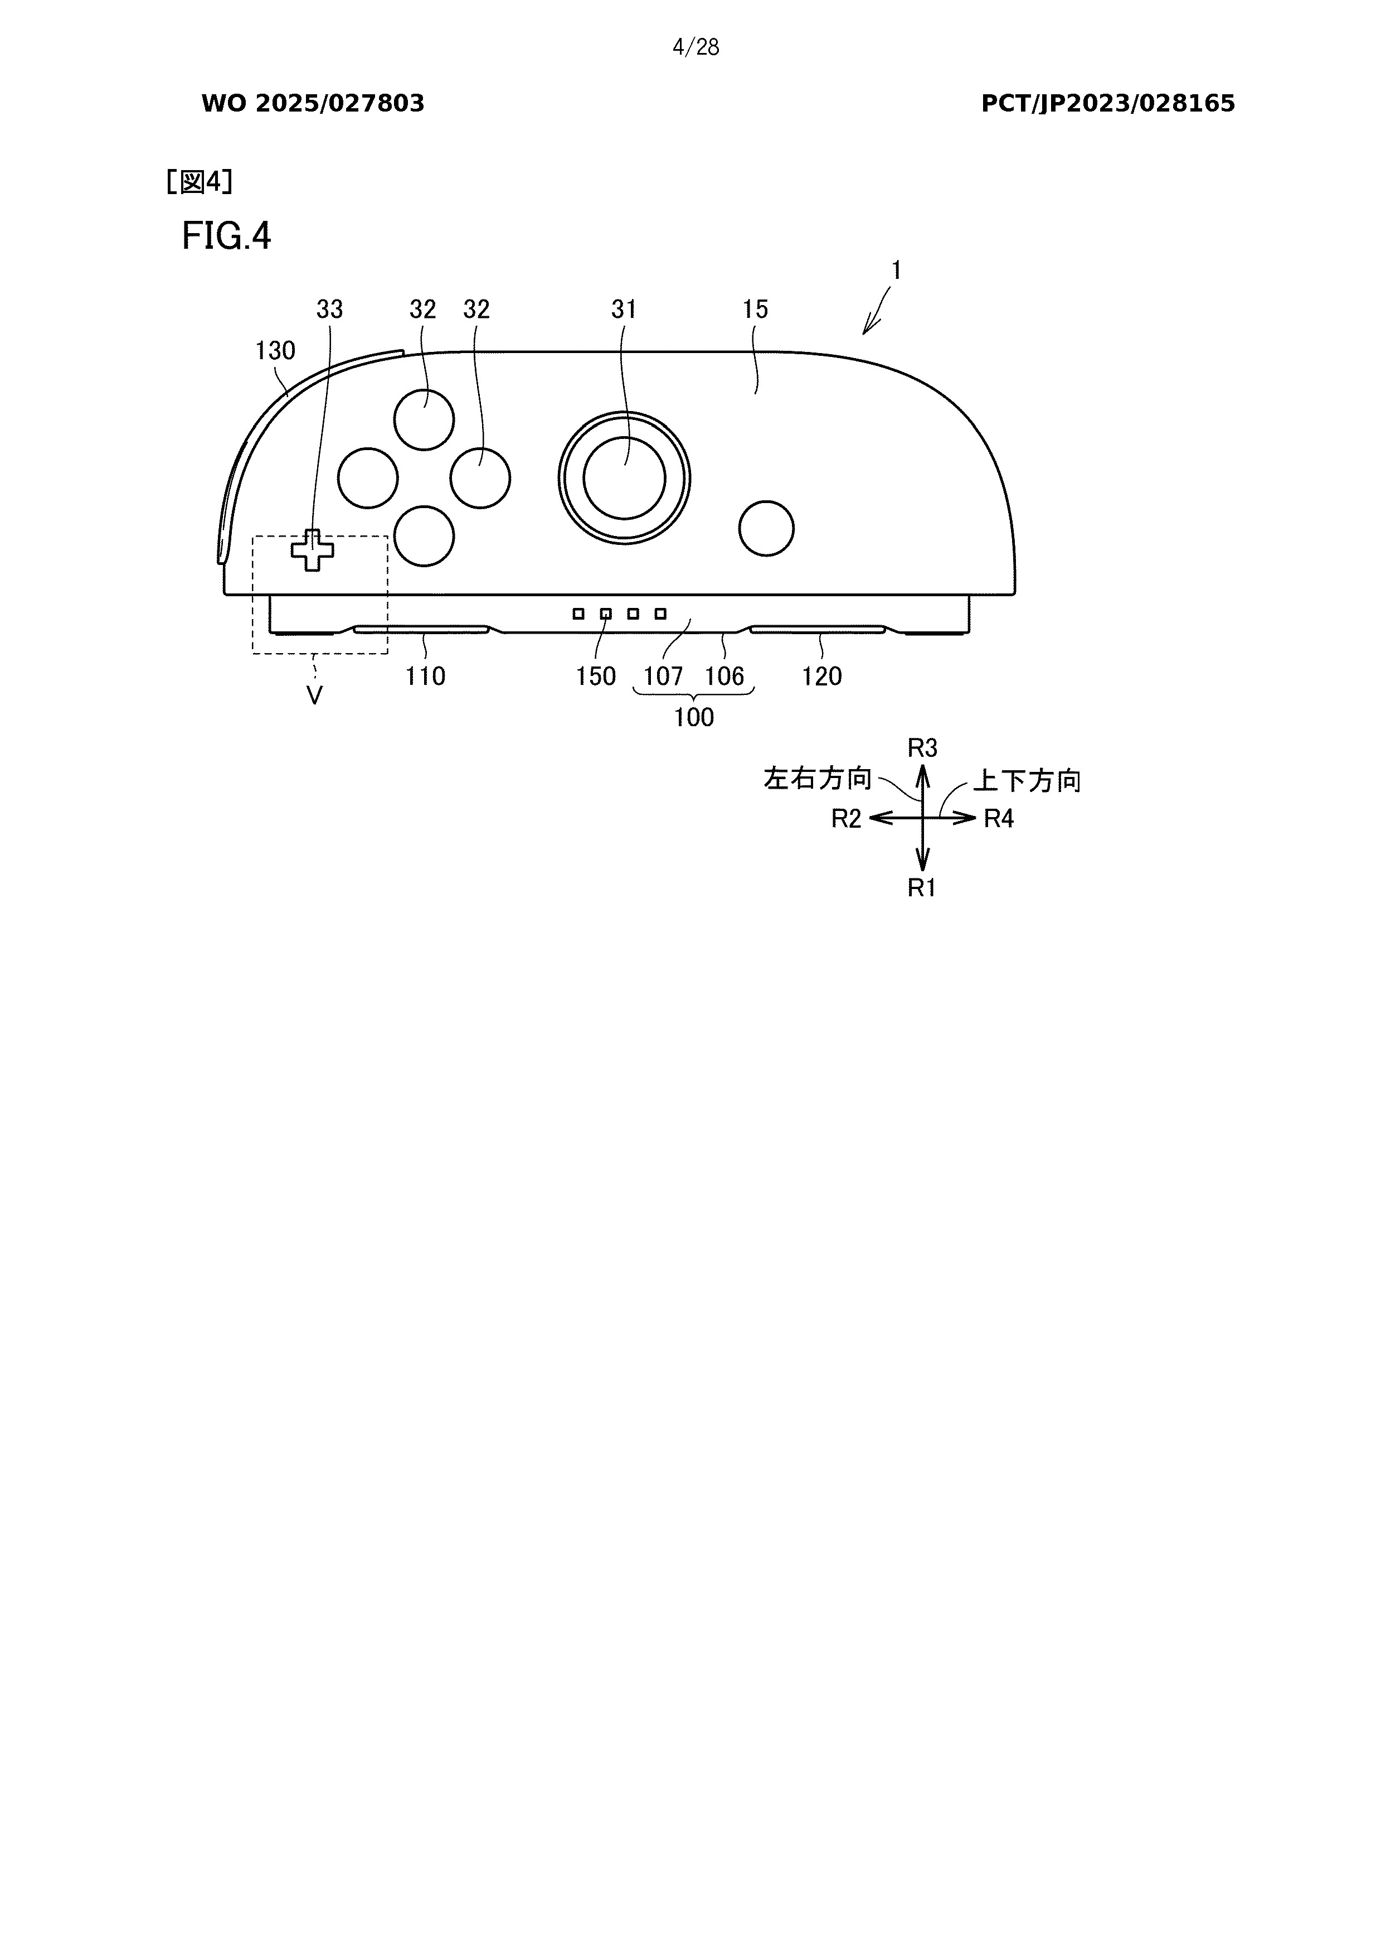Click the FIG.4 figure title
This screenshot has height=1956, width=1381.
(x=226, y=236)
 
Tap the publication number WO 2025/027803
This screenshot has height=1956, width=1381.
(x=313, y=104)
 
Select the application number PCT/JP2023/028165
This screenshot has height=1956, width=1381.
(x=1108, y=104)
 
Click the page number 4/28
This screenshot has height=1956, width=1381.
(x=696, y=48)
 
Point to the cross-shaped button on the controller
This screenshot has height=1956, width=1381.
(x=313, y=550)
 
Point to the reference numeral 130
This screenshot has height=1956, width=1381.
(x=275, y=350)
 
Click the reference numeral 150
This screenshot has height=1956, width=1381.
(x=595, y=677)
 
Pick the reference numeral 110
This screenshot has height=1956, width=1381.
(x=425, y=677)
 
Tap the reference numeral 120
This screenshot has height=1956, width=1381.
(x=821, y=677)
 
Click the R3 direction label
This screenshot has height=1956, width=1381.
(x=922, y=748)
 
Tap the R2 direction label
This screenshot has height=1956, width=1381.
(x=847, y=819)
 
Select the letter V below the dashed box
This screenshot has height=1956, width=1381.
(x=314, y=697)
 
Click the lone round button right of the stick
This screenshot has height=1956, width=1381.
(x=766, y=528)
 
